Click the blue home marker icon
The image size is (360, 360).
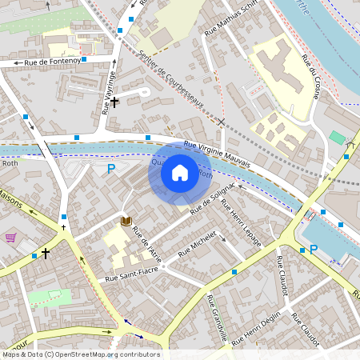click(180, 172)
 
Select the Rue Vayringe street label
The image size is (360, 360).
click(110, 92)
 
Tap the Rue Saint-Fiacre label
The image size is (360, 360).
click(133, 277)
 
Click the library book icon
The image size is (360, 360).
click(126, 221)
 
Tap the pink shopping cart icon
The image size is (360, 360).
click(10, 238)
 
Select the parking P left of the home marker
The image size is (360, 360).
click(111, 168)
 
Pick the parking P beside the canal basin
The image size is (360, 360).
click(314, 250)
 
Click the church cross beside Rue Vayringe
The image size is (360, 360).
click(115, 102)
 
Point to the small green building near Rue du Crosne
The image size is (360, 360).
click(337, 138)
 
